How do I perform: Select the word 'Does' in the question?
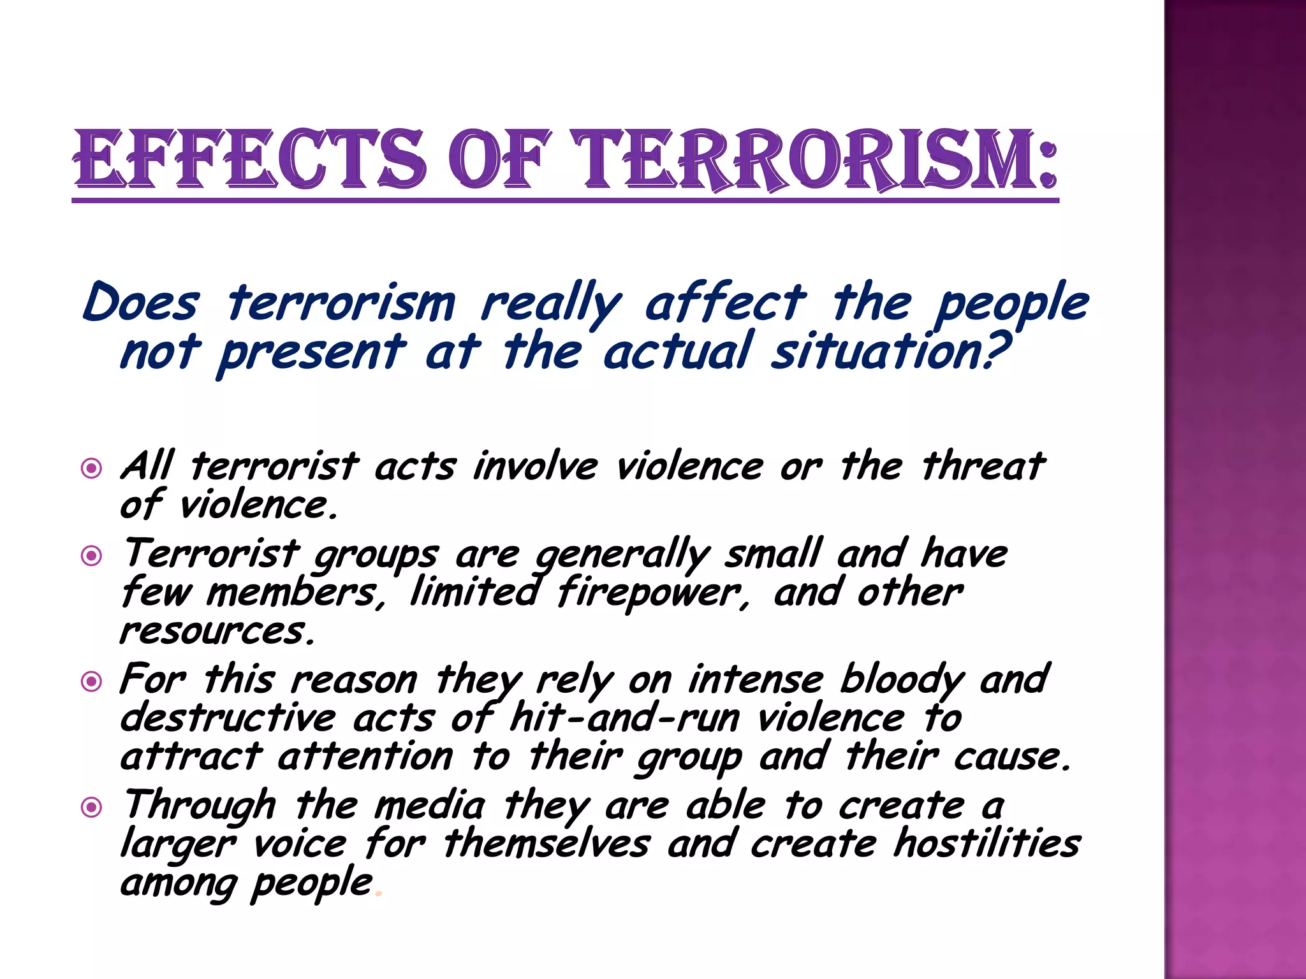[x=141, y=303]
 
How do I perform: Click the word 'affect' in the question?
[x=725, y=303]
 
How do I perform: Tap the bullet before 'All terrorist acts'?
[x=92, y=469]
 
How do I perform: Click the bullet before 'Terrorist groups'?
[x=92, y=556]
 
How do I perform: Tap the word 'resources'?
[x=217, y=632]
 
